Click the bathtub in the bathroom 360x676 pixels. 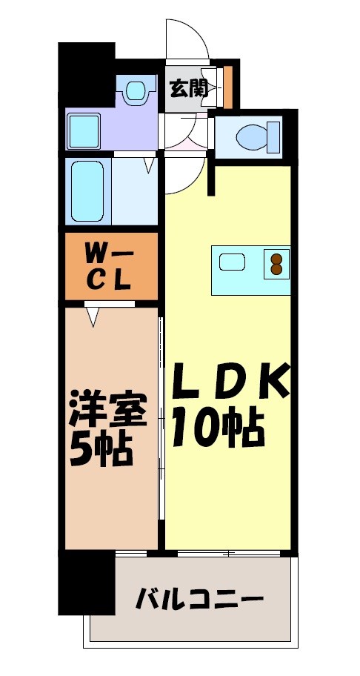pos(88,190)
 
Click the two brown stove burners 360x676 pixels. pos(277,265)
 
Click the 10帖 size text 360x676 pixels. pos(219,428)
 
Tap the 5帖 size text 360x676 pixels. pos(101,447)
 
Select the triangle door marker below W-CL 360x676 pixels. pos(93,317)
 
